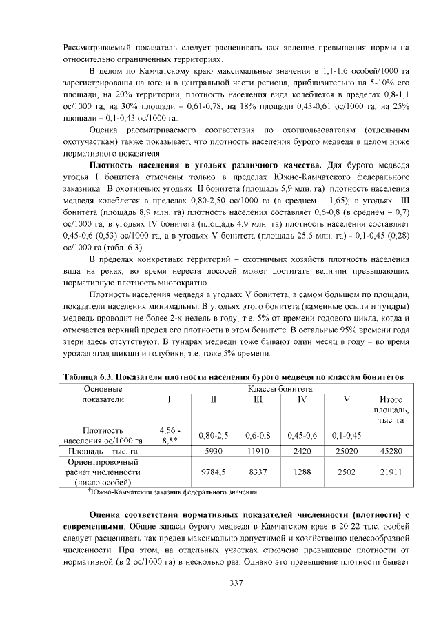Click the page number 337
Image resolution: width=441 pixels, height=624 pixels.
pyautogui.click(x=237, y=583)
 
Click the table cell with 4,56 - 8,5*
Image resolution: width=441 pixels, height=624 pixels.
pyautogui.click(x=170, y=435)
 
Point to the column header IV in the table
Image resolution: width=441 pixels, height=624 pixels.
pyautogui.click(x=302, y=400)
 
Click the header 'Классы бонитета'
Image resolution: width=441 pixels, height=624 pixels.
pyautogui.click(x=280, y=389)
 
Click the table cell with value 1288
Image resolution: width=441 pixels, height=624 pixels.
pyautogui.click(x=302, y=472)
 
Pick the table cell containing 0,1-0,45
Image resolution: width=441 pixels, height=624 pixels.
pyautogui.click(x=347, y=435)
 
